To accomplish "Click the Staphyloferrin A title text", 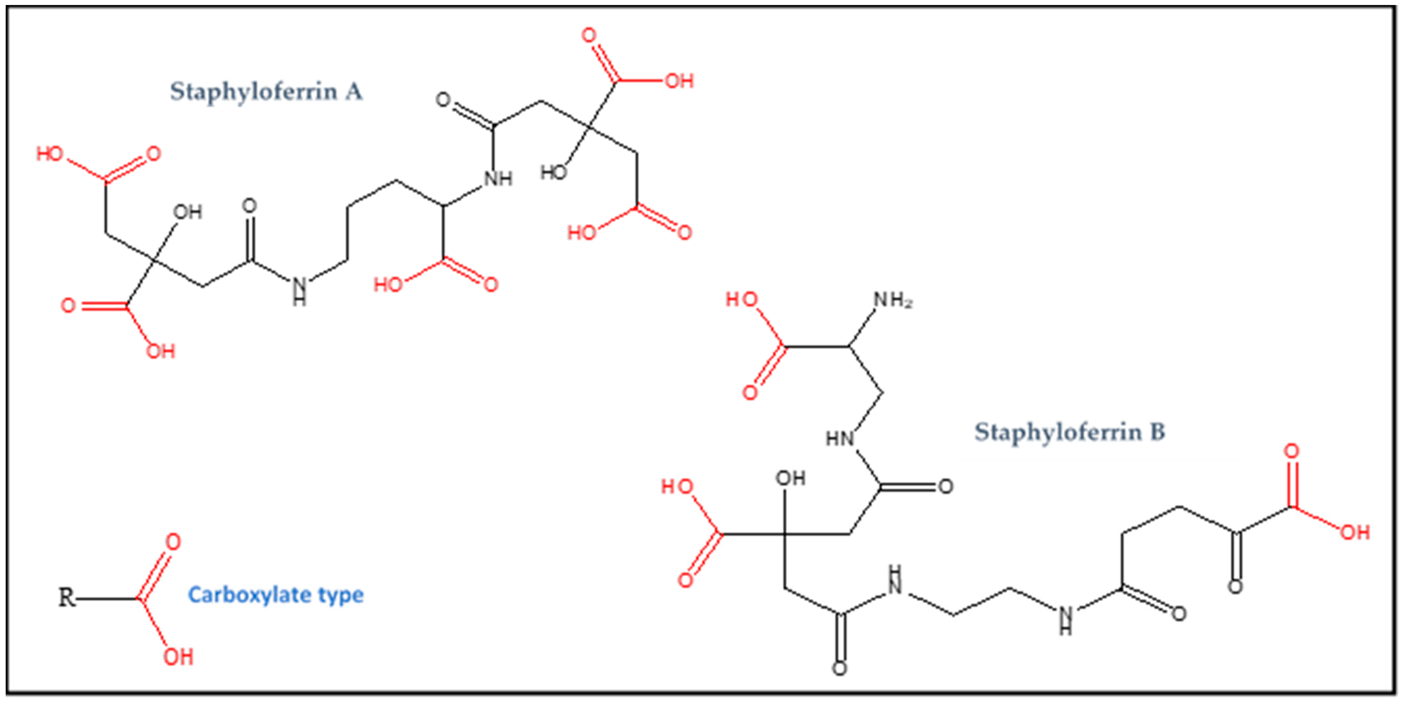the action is point(266,92).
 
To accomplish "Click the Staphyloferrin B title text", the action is point(1070,432).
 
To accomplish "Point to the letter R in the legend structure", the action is point(67,597).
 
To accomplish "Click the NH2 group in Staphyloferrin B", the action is point(893,300).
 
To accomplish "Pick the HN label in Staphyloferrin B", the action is point(840,439).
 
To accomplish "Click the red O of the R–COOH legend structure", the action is point(173,542).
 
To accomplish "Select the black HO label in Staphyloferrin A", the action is point(554,173).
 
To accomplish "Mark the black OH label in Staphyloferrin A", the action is point(188,212).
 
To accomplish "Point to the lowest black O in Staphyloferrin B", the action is point(840,668).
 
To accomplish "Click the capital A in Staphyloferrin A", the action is point(354,92).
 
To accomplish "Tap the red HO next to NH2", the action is point(742,300).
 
